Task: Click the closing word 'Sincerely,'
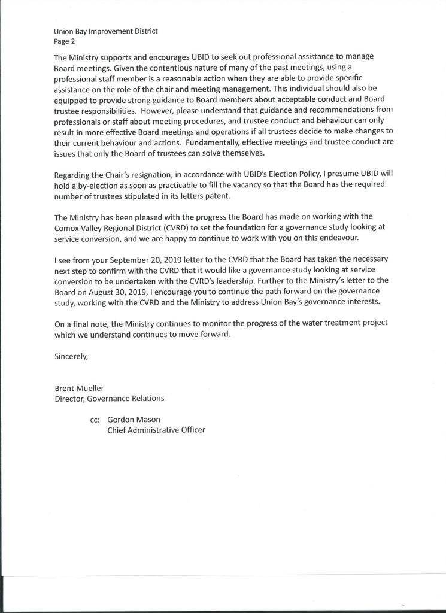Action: [x=71, y=356]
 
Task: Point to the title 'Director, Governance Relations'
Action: [x=110, y=398]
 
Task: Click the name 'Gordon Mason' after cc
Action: [x=134, y=420]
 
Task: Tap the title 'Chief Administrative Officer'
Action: [x=156, y=430]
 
